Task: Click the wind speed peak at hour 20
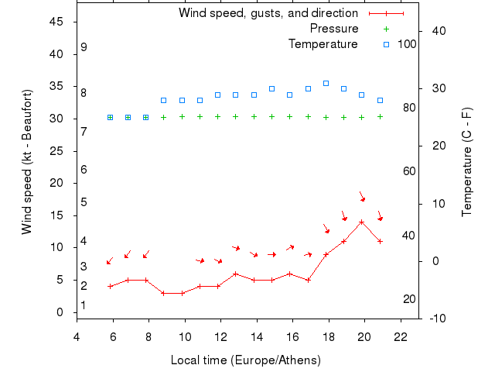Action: pyautogui.click(x=361, y=222)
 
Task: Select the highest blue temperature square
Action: pyautogui.click(x=326, y=83)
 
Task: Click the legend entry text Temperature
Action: pyautogui.click(x=323, y=44)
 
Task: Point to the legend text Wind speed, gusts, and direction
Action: pyautogui.click(x=268, y=13)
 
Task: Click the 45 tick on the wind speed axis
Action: pyautogui.click(x=56, y=22)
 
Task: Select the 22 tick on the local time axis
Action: pyautogui.click(x=401, y=336)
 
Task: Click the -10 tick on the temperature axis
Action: pyautogui.click(x=438, y=319)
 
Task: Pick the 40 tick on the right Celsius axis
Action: pyautogui.click(x=439, y=31)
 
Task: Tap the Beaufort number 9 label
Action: pyautogui.click(x=84, y=47)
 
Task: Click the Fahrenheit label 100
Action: pyautogui.click(x=407, y=44)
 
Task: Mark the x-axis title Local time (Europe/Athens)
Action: pyautogui.click(x=245, y=360)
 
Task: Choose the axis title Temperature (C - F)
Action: pyautogui.click(x=467, y=162)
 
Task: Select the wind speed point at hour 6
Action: pyautogui.click(x=111, y=286)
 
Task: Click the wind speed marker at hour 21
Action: pyautogui.click(x=380, y=241)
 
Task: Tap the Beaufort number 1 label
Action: pyautogui.click(x=84, y=305)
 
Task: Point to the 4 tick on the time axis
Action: pyautogui.click(x=77, y=336)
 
